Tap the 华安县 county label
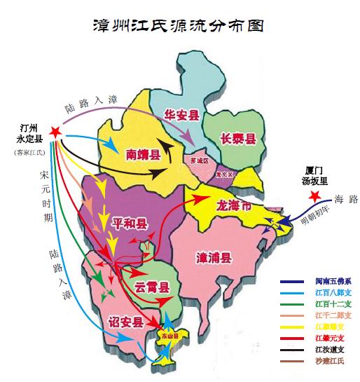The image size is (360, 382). [x=181, y=113]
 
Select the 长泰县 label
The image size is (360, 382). [x=237, y=138]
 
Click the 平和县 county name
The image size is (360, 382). [x=130, y=224]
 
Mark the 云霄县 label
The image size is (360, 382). [x=153, y=287]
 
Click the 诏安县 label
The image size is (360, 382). [x=126, y=322]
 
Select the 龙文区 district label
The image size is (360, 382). [x=226, y=173]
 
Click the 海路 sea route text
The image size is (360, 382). [x=346, y=199]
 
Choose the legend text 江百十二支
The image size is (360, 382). [x=333, y=304]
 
